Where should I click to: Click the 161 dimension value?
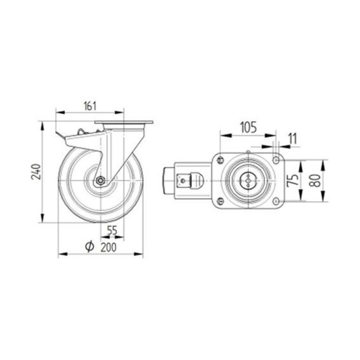coord(90,106)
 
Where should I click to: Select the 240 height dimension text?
coord(36,172)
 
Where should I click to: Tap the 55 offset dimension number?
coord(112,230)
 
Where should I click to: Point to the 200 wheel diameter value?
coord(108,247)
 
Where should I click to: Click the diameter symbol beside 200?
coord(90,246)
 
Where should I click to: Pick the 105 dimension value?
coord(248,128)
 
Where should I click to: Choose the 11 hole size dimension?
coord(292,139)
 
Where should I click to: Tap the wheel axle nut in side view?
coord(100,180)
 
